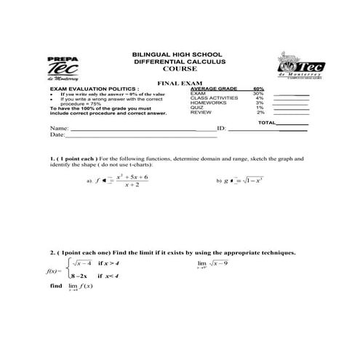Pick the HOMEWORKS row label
click(x=207, y=103)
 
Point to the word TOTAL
click(x=267, y=123)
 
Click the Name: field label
click(x=59, y=128)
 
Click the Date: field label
click(x=57, y=135)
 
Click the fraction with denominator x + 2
click(x=132, y=181)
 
